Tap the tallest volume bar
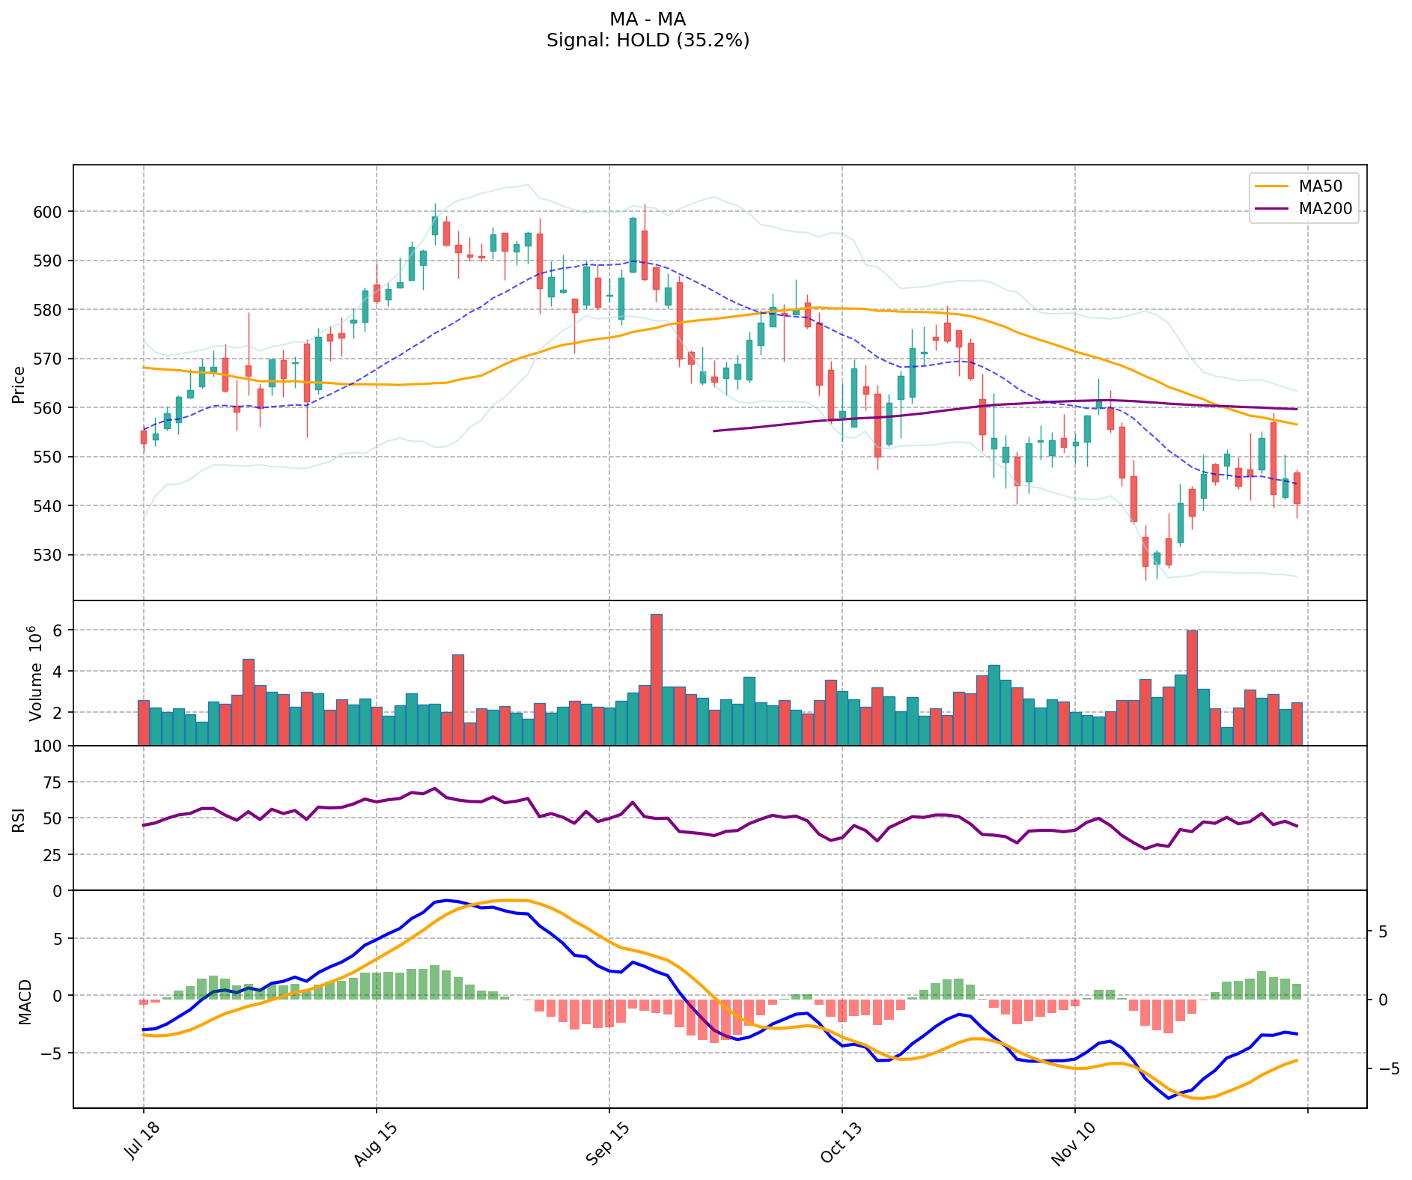(x=656, y=679)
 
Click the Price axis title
(x=19, y=385)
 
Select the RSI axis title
(x=19, y=819)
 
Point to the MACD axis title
(x=25, y=1002)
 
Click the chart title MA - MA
(x=648, y=19)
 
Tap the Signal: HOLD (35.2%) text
(x=648, y=40)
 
